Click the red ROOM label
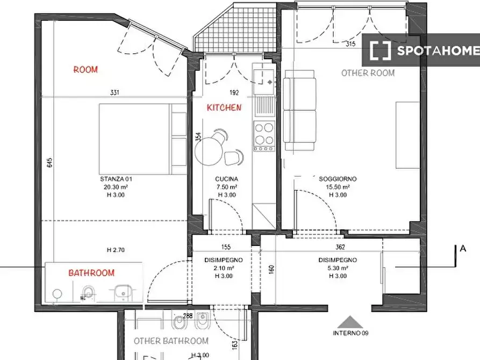(x=85, y=69)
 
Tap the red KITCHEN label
(x=224, y=107)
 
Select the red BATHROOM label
(x=91, y=273)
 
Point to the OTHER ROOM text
(x=368, y=73)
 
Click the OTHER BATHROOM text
(x=171, y=341)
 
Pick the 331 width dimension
(x=114, y=92)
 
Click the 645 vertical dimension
(x=50, y=162)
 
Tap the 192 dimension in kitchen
(x=234, y=92)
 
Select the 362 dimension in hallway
(x=340, y=247)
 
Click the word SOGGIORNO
(x=338, y=179)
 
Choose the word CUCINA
(x=226, y=179)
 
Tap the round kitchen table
(x=209, y=150)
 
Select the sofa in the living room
(x=300, y=110)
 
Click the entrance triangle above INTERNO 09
(x=350, y=322)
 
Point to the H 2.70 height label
(x=116, y=250)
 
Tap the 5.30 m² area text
(x=338, y=268)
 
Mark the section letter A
(x=463, y=249)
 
